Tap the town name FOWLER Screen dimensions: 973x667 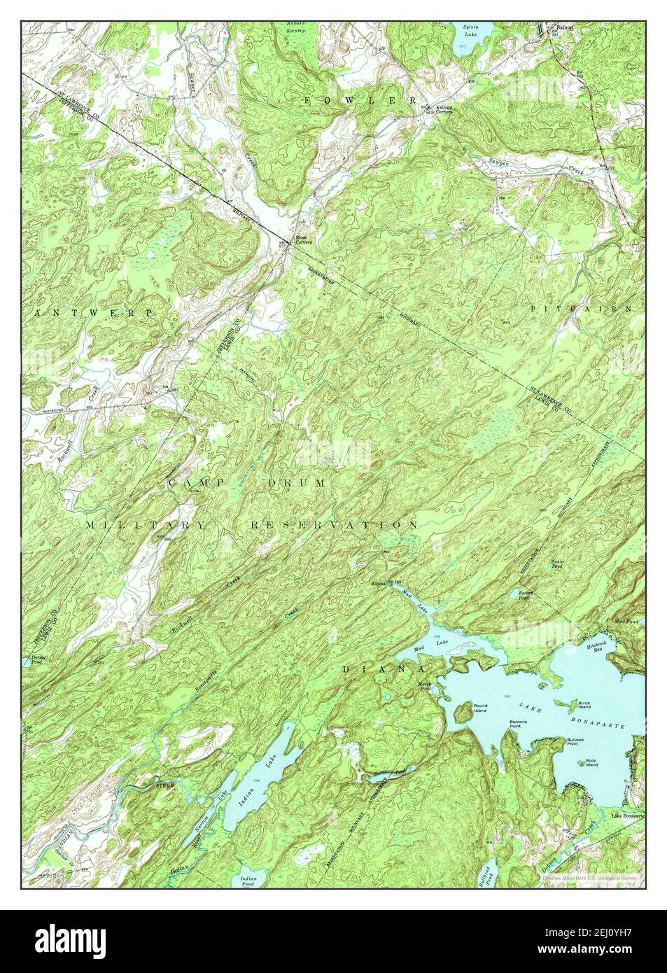click(360, 101)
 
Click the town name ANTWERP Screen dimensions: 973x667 click(92, 313)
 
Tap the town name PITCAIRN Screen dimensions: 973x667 click(581, 308)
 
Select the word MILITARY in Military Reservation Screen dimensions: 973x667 click(146, 524)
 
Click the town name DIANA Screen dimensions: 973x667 click(374, 669)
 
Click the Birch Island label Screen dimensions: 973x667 click(585, 703)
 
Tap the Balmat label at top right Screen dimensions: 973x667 click(565, 27)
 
